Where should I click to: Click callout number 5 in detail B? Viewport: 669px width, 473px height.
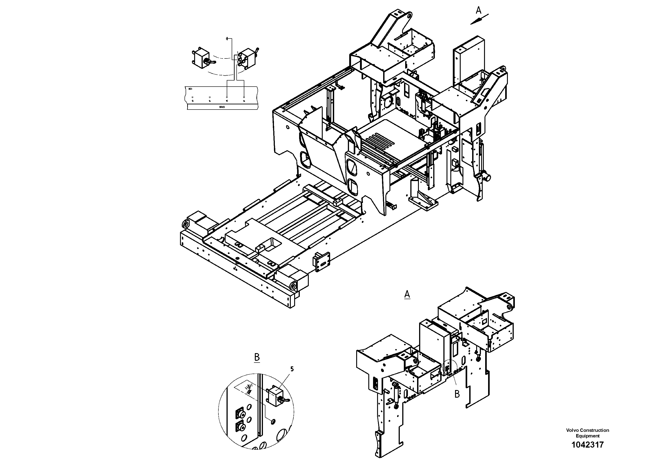tap(292, 369)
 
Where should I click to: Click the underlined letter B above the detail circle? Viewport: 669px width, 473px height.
tap(257, 357)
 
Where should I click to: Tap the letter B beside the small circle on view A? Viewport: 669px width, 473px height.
tap(457, 394)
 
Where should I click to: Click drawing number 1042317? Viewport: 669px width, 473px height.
tap(587, 445)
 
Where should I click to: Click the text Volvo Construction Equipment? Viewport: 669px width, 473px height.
tap(587, 433)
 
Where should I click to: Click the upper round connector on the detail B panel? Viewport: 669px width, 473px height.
tap(240, 414)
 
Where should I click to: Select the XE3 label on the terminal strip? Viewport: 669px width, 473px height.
tap(190, 89)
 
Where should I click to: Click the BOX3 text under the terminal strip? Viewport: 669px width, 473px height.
tap(222, 107)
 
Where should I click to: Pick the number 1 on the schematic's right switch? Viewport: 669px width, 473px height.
tap(238, 52)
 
